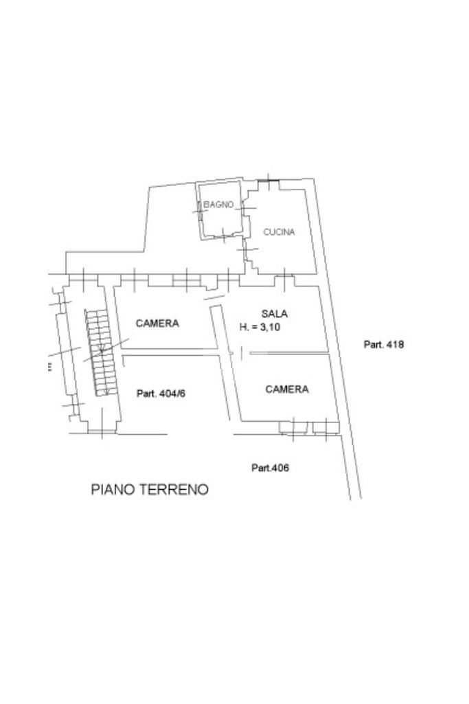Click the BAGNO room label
(218, 205)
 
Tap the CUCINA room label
(279, 232)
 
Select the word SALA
(274, 313)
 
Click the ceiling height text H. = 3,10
(260, 327)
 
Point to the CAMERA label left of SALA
(157, 323)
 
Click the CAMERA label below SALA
(287, 389)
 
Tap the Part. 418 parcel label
(384, 344)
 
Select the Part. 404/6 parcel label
(161, 394)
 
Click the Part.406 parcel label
(270, 468)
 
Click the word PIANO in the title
(112, 489)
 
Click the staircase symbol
(102, 353)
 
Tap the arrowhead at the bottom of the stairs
(106, 394)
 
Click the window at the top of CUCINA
(268, 181)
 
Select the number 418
(395, 344)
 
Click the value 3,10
(270, 327)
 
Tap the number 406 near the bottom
(280, 468)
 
